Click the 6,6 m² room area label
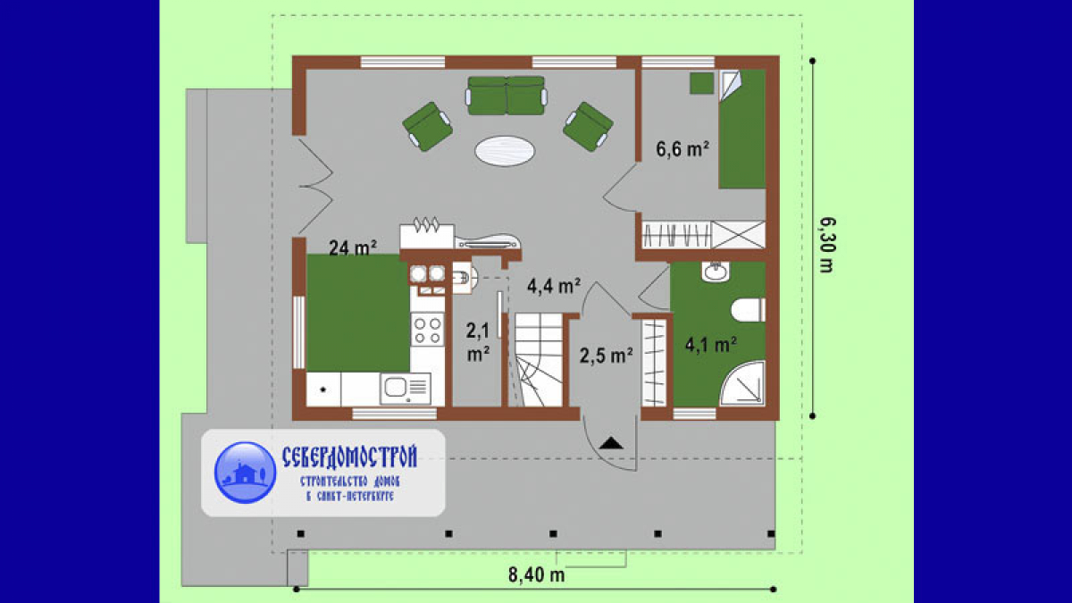683,150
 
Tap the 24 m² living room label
353,247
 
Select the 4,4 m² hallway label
554,286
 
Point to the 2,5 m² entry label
607,356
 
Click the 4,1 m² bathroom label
711,345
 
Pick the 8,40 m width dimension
537,574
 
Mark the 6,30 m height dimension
826,245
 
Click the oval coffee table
505,151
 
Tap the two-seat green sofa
507,96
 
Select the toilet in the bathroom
748,310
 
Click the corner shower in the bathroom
742,383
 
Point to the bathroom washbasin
716,272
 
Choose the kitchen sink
406,388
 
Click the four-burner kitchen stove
427,330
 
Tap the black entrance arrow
611,443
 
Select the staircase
539,360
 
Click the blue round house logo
245,473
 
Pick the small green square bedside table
701,83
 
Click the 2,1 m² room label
478,342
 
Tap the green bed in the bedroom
741,130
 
